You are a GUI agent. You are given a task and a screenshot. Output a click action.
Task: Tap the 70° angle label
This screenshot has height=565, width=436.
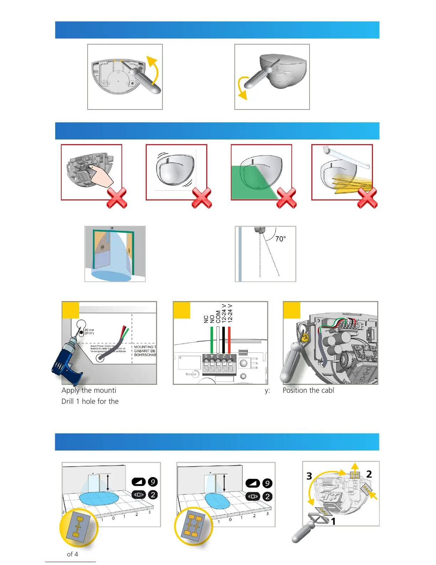point(280,239)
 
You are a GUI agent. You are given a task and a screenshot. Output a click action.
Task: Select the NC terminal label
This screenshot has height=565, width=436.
point(206,319)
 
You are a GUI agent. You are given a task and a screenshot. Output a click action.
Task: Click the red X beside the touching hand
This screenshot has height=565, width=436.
point(117,198)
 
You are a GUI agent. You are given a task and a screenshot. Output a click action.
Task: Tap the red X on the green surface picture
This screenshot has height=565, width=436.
point(286,198)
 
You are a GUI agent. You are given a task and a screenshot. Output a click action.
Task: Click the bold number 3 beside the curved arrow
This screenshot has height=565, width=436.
point(309,476)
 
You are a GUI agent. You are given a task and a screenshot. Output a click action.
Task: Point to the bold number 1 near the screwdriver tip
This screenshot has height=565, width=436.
point(333,521)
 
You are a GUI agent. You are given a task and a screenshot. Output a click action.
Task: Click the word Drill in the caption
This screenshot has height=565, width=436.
point(68,401)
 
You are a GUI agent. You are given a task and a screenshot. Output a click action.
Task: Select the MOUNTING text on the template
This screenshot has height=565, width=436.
point(144,347)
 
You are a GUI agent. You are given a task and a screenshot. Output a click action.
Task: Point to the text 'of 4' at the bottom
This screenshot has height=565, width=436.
point(72,554)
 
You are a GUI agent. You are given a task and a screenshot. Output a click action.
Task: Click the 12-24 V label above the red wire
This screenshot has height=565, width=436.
point(230,313)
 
